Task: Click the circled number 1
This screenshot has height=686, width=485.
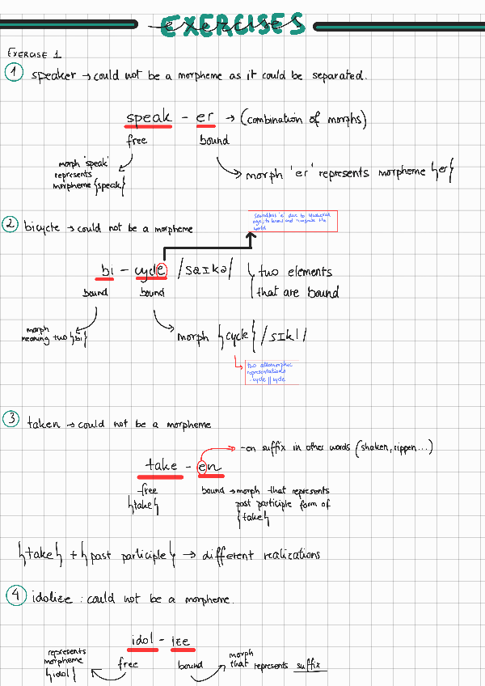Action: click(x=15, y=74)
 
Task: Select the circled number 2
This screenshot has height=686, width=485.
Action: click(x=11, y=225)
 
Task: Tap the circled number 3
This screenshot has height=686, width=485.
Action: click(x=11, y=419)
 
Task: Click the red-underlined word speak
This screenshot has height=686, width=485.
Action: click(x=149, y=117)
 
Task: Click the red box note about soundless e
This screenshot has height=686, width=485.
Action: click(x=292, y=221)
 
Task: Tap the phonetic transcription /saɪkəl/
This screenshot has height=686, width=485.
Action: click(x=206, y=269)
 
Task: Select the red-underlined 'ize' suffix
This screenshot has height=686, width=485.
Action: click(x=180, y=641)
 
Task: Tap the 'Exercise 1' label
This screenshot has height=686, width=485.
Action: click(x=34, y=54)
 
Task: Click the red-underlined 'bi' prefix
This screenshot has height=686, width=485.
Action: click(x=108, y=270)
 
